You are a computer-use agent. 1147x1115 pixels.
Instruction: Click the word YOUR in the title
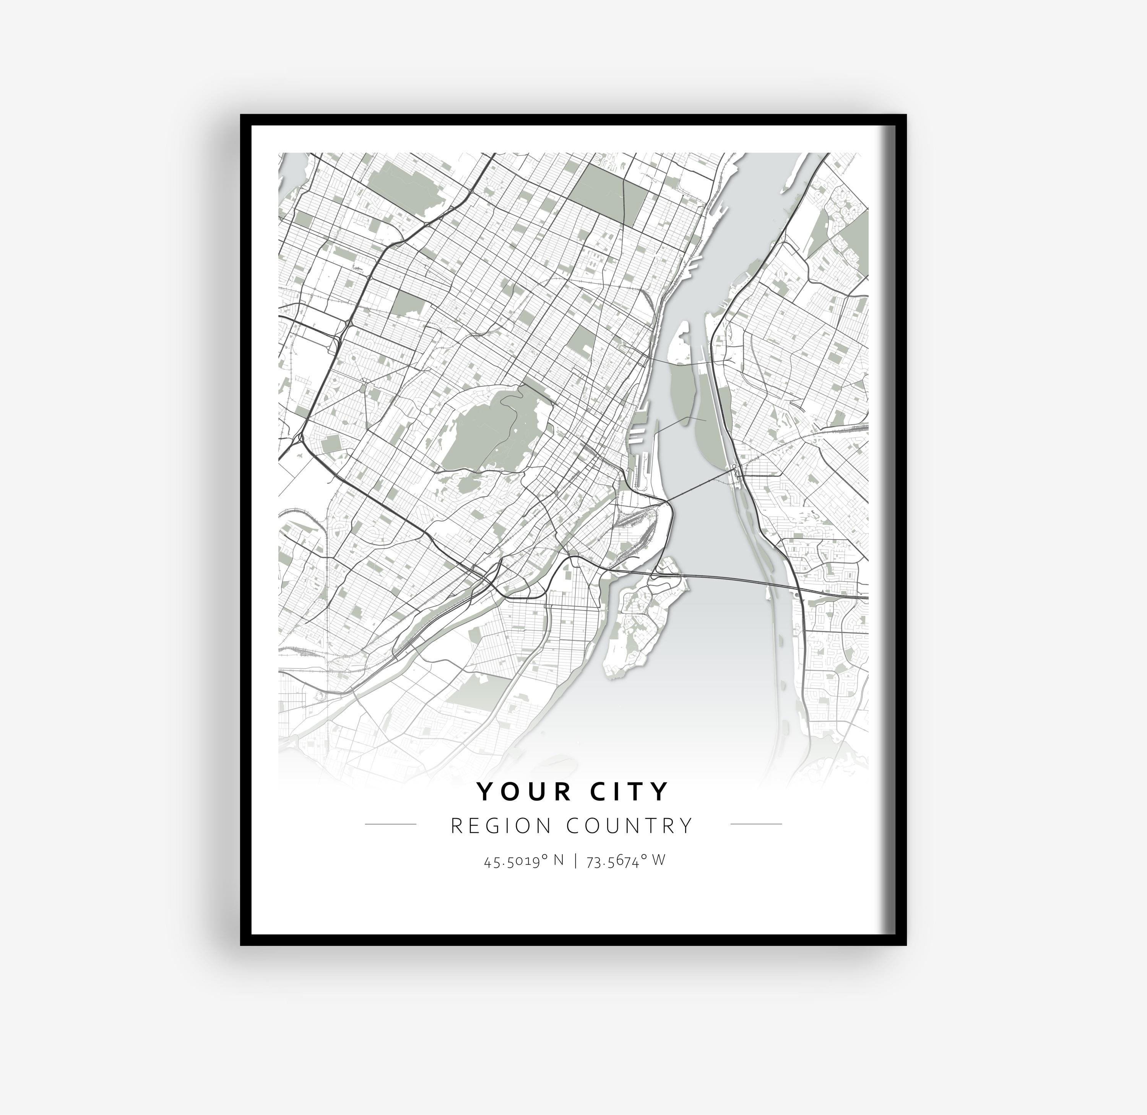click(x=524, y=792)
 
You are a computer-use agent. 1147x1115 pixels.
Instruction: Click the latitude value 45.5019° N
click(x=524, y=861)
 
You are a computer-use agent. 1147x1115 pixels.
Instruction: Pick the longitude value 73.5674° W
click(x=625, y=861)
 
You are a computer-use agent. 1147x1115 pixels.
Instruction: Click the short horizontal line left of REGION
click(x=390, y=824)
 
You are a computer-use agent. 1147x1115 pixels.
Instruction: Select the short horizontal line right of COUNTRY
click(x=756, y=824)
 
